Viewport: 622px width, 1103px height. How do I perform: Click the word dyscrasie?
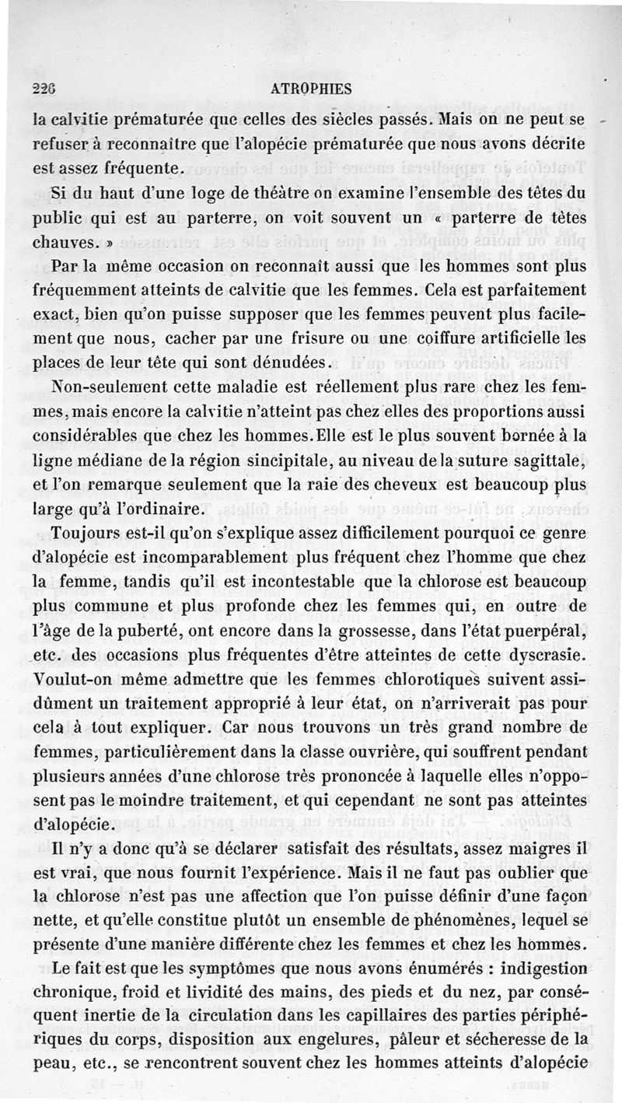pyautogui.click(x=549, y=655)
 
